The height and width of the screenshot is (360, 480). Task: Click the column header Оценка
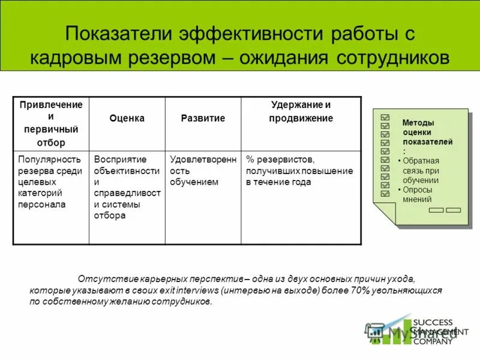127,119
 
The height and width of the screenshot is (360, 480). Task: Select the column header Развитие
203,119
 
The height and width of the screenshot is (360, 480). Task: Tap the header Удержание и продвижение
301,112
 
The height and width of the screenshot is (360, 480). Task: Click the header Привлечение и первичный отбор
51,124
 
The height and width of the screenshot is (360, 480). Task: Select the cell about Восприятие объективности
127,187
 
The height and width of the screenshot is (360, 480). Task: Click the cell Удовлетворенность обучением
203,170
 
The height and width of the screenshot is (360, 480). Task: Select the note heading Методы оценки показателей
427,132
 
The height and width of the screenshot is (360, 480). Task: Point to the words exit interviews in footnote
190,290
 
